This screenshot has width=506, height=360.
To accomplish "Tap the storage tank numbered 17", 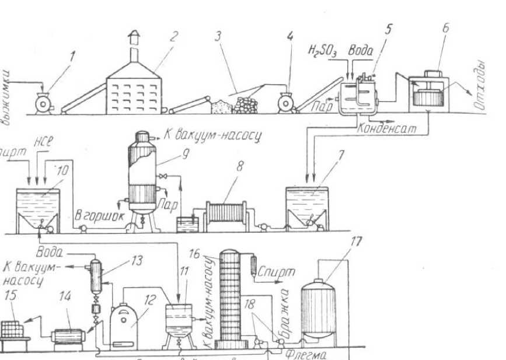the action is [318, 309].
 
